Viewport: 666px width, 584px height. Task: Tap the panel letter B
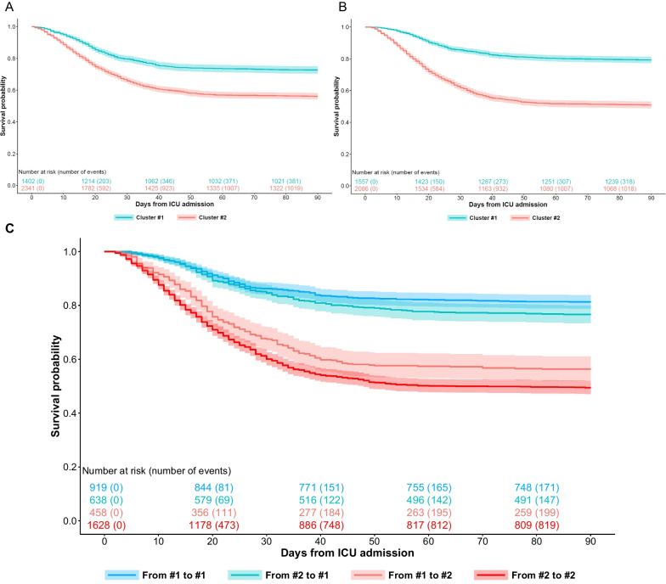pyautogui.click(x=341, y=8)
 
